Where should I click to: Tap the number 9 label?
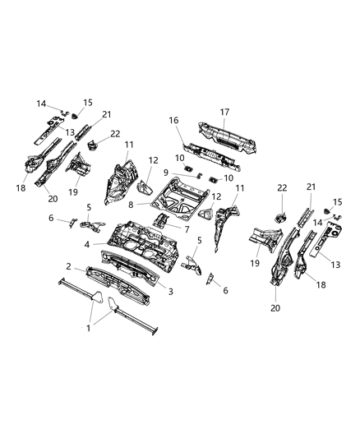(166, 172)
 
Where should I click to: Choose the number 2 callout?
(70, 267)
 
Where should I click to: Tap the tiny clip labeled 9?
(190, 174)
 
